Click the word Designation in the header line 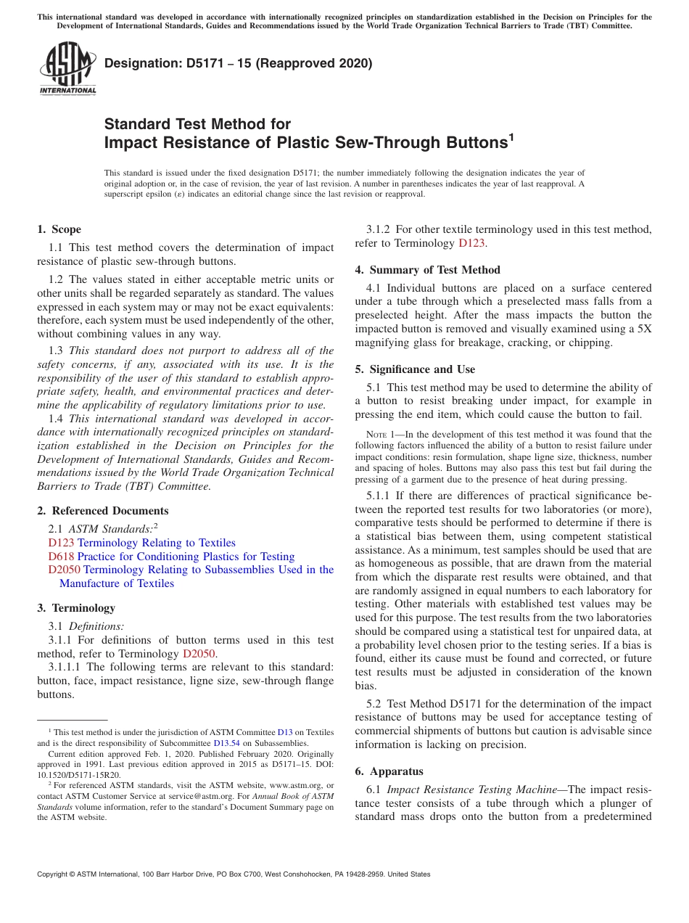click(x=141, y=63)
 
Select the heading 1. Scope click(x=59, y=229)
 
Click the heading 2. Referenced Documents click(x=103, y=511)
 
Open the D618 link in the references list click(x=60, y=557)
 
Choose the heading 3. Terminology click(x=76, y=608)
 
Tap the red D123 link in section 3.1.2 click(x=472, y=243)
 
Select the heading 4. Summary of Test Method click(x=428, y=270)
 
